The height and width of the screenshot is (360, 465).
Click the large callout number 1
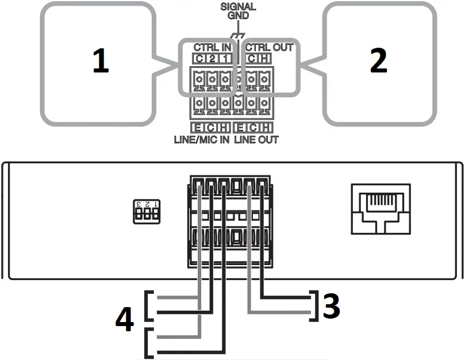point(101,62)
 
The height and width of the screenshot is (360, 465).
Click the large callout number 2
point(378,62)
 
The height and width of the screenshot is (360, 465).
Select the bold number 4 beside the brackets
point(125,320)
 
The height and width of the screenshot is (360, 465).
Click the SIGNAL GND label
point(238,12)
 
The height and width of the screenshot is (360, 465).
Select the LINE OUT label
point(259,140)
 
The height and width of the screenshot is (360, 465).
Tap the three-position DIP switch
point(147,211)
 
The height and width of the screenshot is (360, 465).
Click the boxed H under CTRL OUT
point(264,58)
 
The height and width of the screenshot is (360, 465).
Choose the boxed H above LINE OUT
point(267,128)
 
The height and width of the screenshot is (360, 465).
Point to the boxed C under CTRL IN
point(199,58)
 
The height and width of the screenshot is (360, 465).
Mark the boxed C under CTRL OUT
point(252,58)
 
